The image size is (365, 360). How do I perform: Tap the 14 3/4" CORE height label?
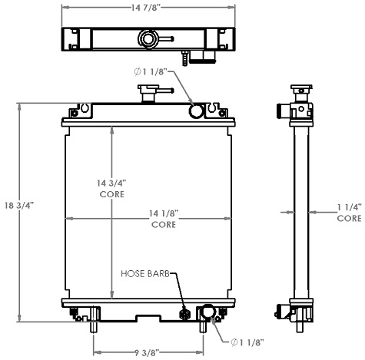click(112, 188)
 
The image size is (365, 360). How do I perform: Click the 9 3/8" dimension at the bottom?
click(148, 353)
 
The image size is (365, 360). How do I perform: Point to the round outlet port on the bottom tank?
click(207, 312)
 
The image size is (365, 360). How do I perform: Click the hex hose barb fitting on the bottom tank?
click(184, 314)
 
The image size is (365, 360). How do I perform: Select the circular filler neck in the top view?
click(147, 38)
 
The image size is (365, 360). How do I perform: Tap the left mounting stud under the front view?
click(94, 322)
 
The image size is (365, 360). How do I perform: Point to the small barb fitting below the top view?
click(186, 57)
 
